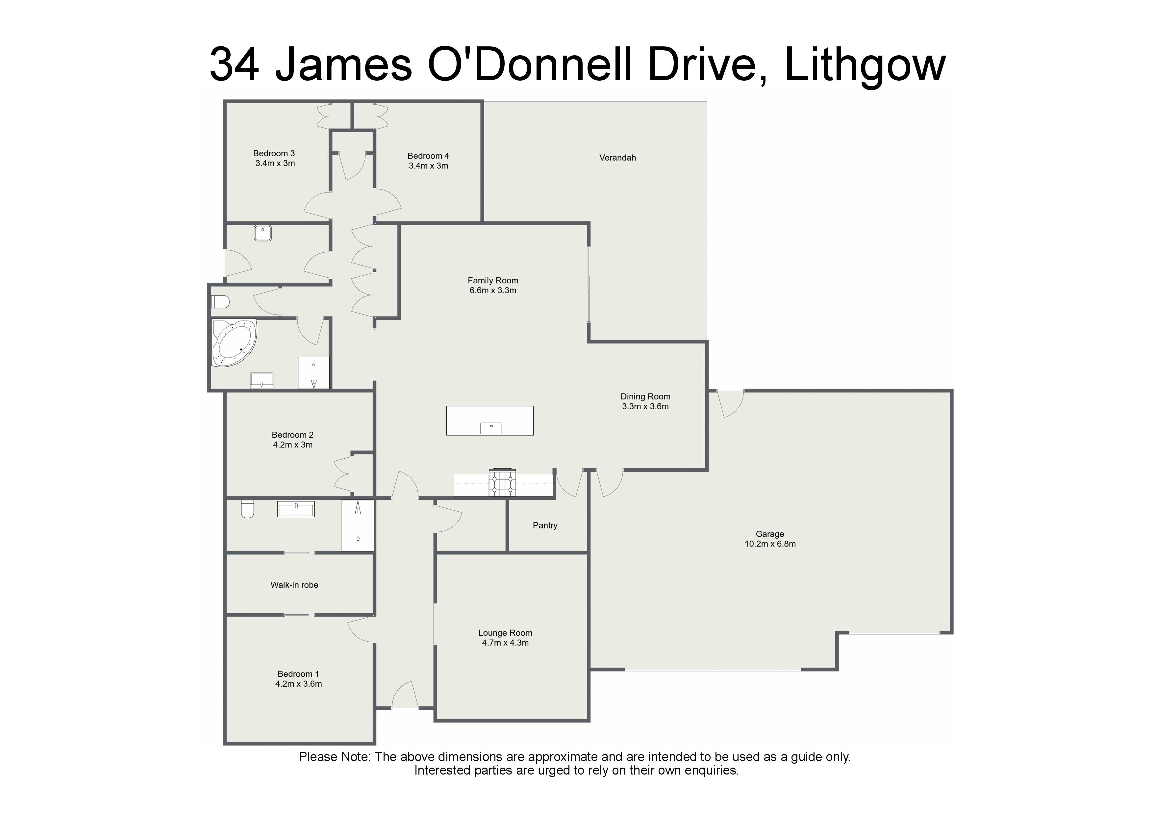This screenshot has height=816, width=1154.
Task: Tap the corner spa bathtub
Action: click(x=234, y=343)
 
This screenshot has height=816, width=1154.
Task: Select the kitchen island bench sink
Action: click(x=491, y=428)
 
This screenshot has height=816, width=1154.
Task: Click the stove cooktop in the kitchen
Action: click(x=502, y=483)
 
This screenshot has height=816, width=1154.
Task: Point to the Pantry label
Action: click(x=545, y=525)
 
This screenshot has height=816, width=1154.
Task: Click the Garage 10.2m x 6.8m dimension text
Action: click(x=770, y=544)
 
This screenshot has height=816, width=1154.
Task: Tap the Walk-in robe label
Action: click(x=294, y=585)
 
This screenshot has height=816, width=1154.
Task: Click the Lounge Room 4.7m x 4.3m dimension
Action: click(x=505, y=643)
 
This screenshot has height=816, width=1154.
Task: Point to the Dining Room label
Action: click(x=645, y=397)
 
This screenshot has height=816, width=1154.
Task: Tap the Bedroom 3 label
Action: click(x=274, y=153)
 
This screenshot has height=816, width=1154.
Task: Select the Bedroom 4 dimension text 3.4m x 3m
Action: click(x=428, y=166)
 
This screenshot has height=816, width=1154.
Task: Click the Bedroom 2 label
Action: click(x=292, y=435)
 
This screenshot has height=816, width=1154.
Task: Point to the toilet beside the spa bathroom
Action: click(x=220, y=302)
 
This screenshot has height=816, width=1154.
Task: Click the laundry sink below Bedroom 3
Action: click(x=263, y=233)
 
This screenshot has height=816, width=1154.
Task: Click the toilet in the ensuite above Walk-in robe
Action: click(x=247, y=509)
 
